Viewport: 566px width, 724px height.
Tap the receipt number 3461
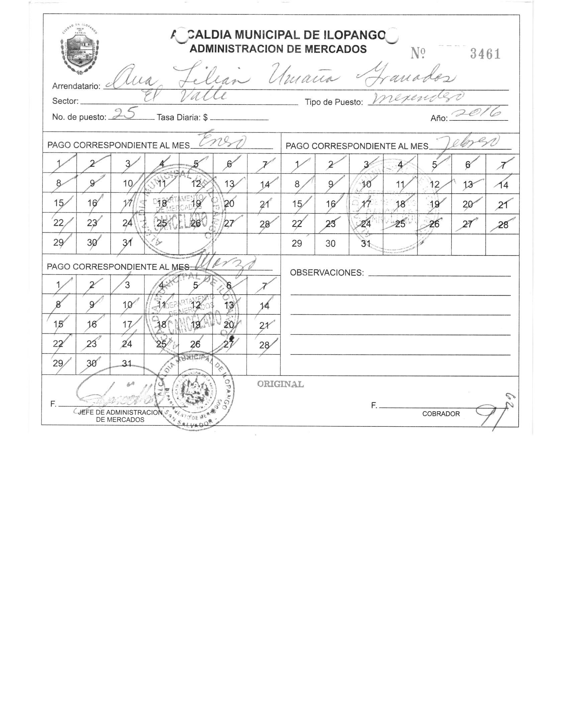pyautogui.click(x=485, y=54)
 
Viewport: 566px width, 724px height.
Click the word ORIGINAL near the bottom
pyautogui.click(x=280, y=384)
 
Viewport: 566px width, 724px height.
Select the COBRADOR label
pyautogui.click(x=441, y=414)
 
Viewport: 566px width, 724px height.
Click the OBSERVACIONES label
pyautogui.click(x=327, y=273)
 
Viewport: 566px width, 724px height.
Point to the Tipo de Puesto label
pyautogui.click(x=334, y=102)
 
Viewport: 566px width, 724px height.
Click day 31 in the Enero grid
pyautogui.click(x=127, y=243)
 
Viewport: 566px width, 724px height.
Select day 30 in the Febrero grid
pyautogui.click(x=330, y=244)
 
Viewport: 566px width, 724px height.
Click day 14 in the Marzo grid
pyautogui.click(x=264, y=306)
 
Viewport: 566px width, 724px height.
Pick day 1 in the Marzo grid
pyautogui.click(x=59, y=285)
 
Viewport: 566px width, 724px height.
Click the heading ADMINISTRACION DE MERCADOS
pyautogui.click(x=278, y=49)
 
